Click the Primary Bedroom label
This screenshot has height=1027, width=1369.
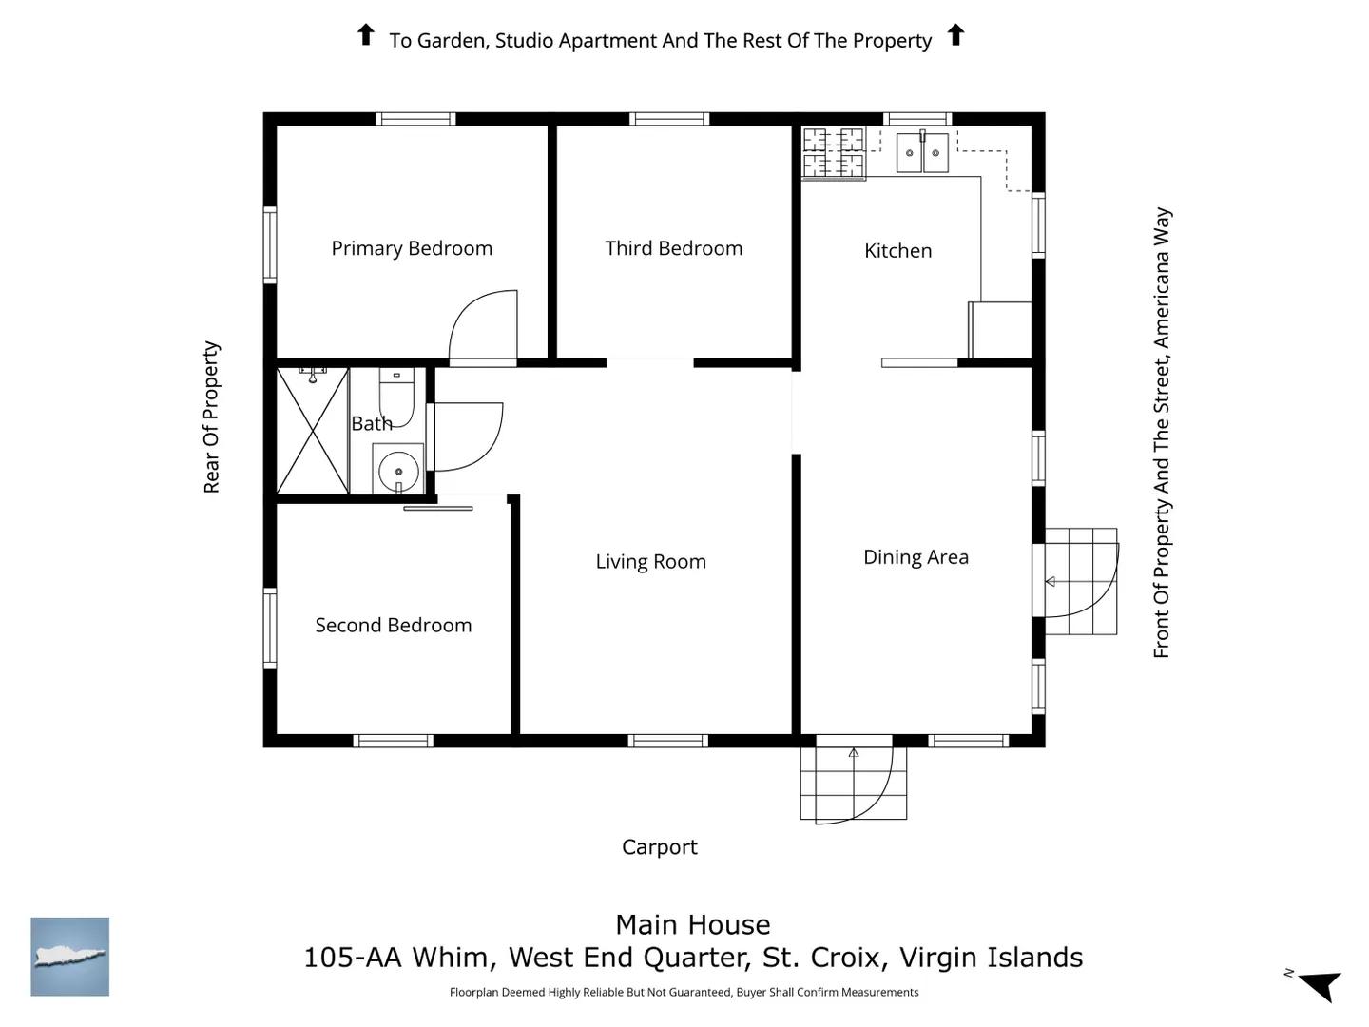point(412,248)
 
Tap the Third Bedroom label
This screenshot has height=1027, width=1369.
point(674,248)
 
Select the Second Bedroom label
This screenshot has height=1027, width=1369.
point(393,625)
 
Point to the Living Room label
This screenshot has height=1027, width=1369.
point(650,562)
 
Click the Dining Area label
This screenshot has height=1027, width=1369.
point(916,557)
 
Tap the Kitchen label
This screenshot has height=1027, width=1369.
point(897,251)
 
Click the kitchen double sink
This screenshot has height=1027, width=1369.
point(922,151)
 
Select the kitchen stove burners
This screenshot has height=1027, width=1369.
point(833,153)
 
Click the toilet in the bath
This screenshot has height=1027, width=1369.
point(396,397)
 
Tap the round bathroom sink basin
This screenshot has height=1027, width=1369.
point(398,470)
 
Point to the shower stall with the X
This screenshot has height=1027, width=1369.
point(313,431)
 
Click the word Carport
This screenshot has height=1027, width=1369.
point(659,846)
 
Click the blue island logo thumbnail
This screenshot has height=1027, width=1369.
point(69,957)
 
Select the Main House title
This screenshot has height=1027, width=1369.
point(692,924)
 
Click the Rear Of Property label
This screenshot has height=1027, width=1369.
point(211,417)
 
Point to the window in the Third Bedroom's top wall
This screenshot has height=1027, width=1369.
point(669,119)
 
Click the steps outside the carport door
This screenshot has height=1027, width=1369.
point(853,784)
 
